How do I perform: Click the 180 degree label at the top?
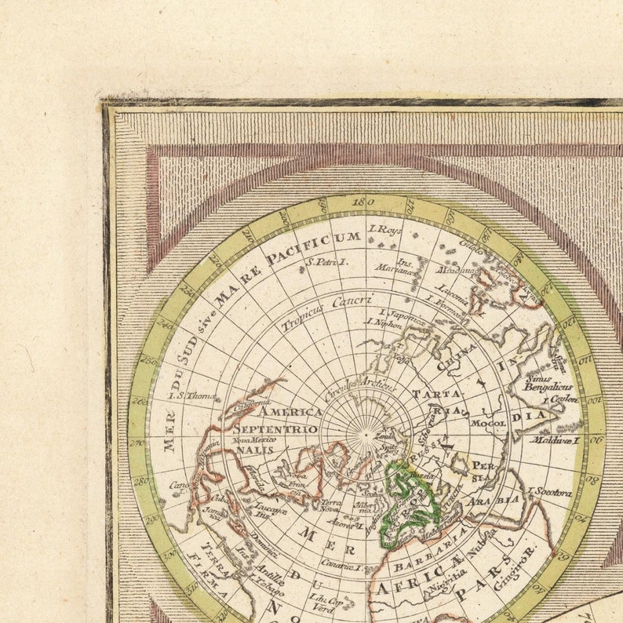click(362, 202)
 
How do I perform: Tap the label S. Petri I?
click(326, 262)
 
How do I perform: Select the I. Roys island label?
click(384, 230)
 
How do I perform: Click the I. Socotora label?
click(550, 492)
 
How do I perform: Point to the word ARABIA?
click(494, 500)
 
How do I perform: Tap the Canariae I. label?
click(341, 567)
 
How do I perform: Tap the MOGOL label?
click(488, 423)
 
